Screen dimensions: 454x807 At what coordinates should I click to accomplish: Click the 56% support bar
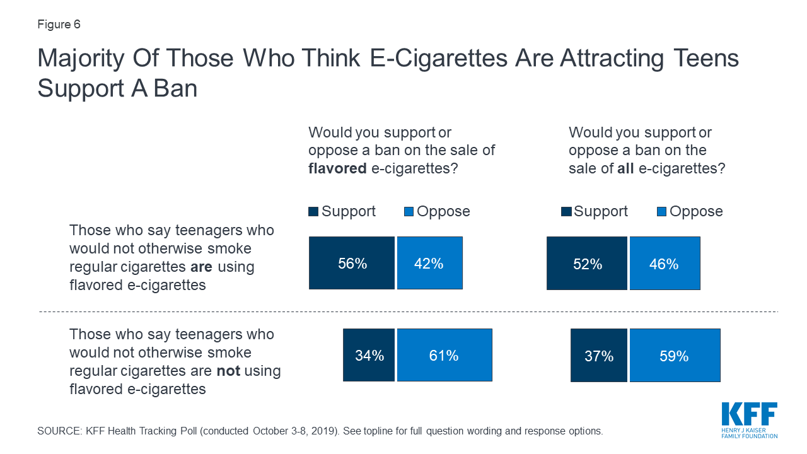pyautogui.click(x=352, y=263)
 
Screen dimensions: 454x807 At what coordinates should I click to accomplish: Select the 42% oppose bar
pyautogui.click(x=429, y=263)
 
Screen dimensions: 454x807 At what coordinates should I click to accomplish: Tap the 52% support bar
pyautogui.click(x=587, y=264)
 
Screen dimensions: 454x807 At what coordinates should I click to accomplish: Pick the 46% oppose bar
pyautogui.click(x=665, y=264)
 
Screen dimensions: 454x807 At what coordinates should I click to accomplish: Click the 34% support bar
pyautogui.click(x=369, y=355)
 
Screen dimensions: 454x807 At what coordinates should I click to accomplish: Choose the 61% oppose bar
pyautogui.click(x=444, y=355)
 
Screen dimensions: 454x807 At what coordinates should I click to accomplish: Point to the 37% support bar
pyautogui.click(x=599, y=356)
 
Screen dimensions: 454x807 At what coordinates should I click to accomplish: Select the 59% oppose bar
pyautogui.click(x=675, y=356)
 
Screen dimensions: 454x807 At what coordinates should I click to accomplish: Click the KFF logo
pyautogui.click(x=750, y=419)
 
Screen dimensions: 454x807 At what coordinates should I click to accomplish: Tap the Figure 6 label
pyautogui.click(x=59, y=25)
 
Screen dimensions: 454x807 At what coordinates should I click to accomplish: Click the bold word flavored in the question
pyautogui.click(x=338, y=168)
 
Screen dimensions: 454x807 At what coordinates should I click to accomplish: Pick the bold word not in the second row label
pyautogui.click(x=228, y=371)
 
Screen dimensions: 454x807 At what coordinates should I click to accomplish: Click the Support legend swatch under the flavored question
pyautogui.click(x=313, y=212)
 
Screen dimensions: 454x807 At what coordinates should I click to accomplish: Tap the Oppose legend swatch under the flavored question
pyautogui.click(x=409, y=212)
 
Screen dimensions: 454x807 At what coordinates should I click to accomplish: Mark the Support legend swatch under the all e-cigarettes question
pyautogui.click(x=566, y=212)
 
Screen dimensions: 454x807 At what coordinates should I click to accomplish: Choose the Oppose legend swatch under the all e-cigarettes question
pyautogui.click(x=661, y=212)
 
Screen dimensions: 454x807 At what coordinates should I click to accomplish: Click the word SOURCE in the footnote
pyautogui.click(x=57, y=431)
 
